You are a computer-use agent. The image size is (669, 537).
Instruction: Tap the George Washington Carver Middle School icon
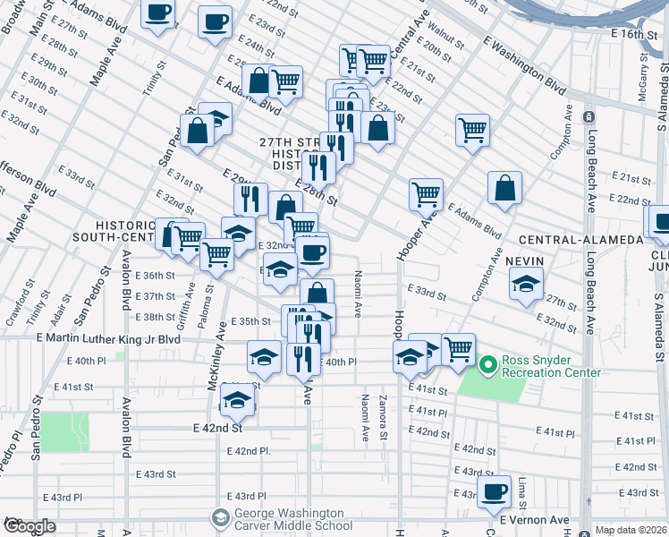click(x=220, y=518)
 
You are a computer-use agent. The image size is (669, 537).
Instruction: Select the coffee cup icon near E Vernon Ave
click(x=493, y=491)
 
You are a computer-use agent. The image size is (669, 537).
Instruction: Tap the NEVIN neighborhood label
click(x=524, y=260)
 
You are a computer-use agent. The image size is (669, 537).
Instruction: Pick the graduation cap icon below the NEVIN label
click(x=526, y=284)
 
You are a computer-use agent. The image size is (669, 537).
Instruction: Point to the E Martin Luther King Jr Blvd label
click(x=108, y=339)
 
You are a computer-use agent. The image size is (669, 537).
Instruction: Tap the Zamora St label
click(x=383, y=419)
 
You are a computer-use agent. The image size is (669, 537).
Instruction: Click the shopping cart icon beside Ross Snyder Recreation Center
click(x=458, y=348)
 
